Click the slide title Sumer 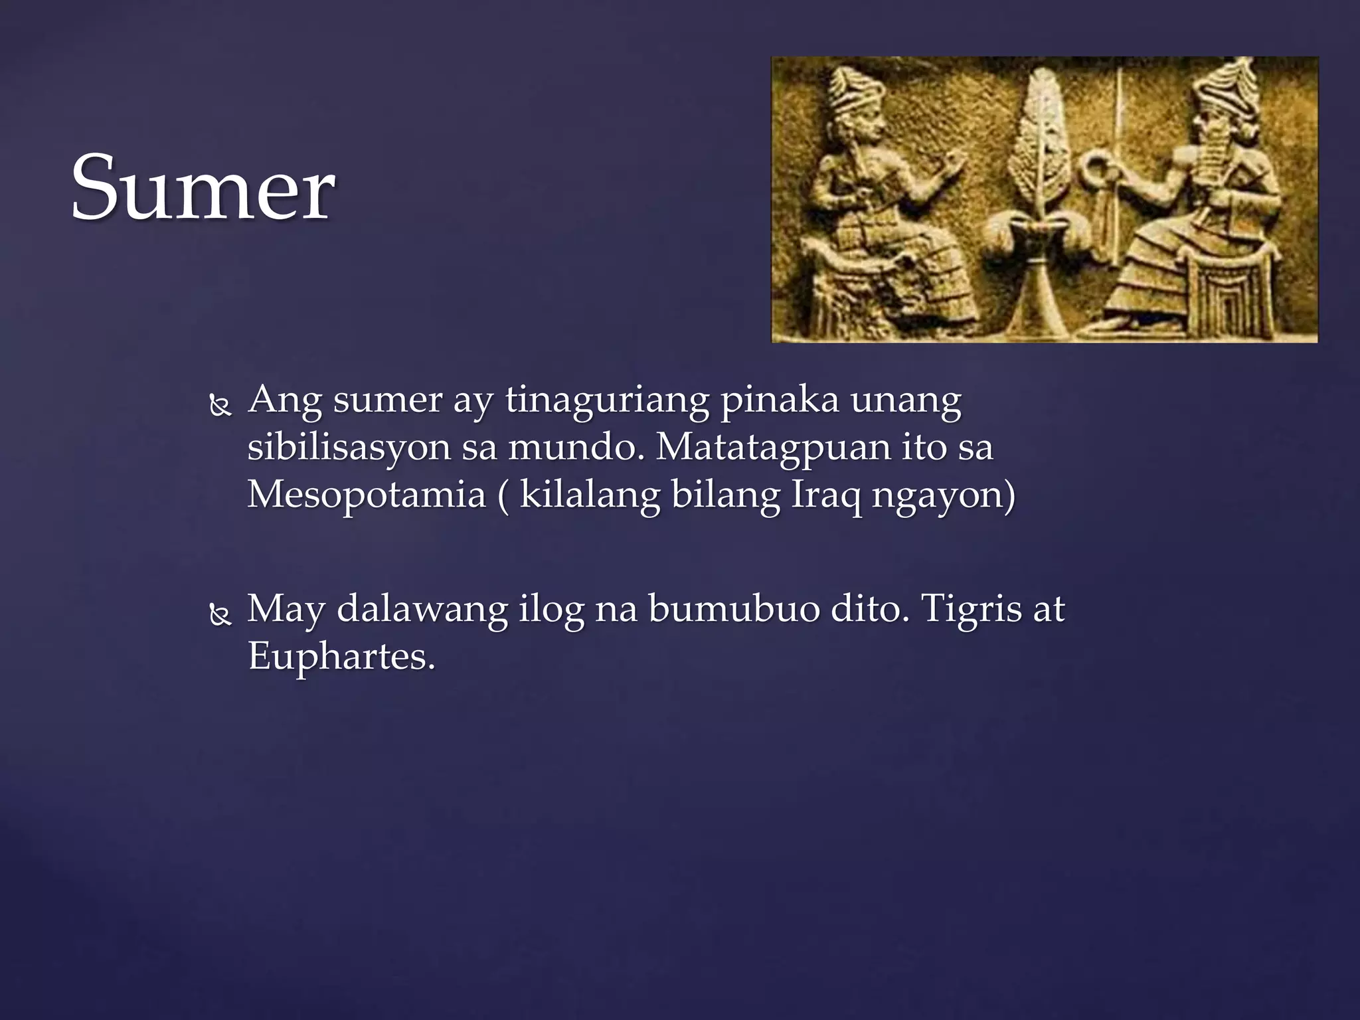[x=203, y=188]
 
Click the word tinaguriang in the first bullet [x=607, y=400]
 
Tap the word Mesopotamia [x=367, y=495]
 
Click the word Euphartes [x=341, y=657]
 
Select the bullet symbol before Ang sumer [x=220, y=405]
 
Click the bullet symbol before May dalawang [x=220, y=615]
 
